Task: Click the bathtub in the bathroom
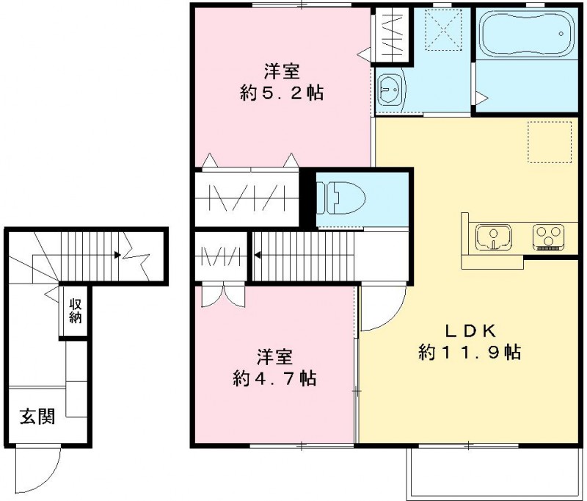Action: point(525,35)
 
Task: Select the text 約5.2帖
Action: point(282,93)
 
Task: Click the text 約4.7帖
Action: point(274,378)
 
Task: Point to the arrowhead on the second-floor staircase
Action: point(258,256)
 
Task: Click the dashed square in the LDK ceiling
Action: point(549,141)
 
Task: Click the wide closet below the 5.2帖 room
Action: point(247,198)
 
